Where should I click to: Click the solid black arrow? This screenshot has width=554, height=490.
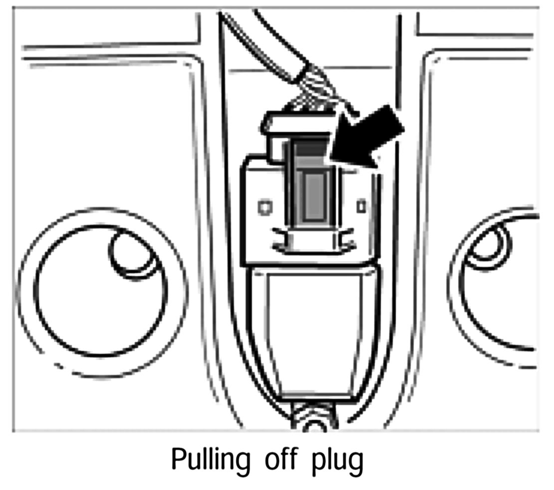pos(372,137)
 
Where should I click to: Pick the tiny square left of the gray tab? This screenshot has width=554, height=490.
pos(264,205)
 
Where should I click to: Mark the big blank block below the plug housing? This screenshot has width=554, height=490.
pos(314,330)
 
